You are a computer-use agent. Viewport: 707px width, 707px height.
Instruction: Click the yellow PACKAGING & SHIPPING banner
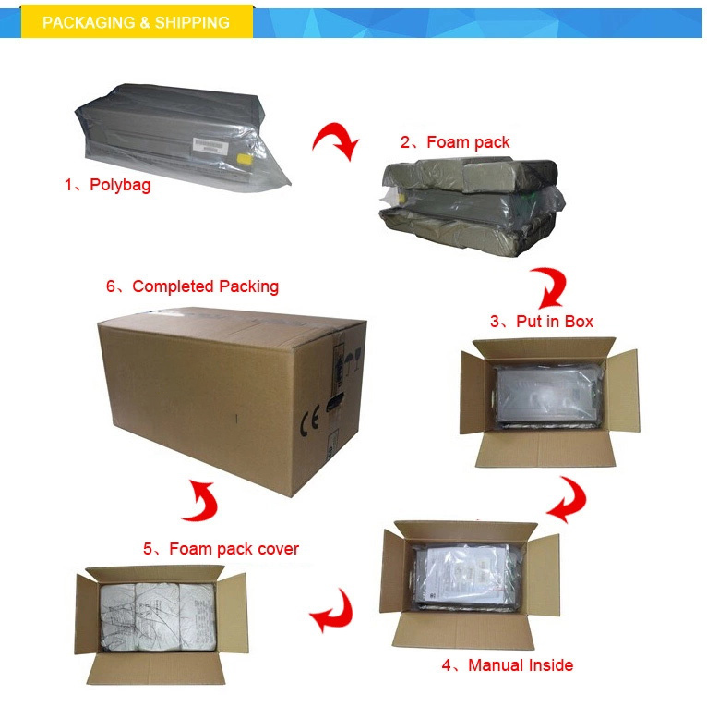(137, 21)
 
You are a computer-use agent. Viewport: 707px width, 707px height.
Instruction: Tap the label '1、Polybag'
(107, 185)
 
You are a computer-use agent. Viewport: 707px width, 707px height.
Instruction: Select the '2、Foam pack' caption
(455, 142)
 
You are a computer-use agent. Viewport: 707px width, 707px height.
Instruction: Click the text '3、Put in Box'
(542, 322)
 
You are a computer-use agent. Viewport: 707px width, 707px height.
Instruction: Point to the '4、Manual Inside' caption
(508, 665)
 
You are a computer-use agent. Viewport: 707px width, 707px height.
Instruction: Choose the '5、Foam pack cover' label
(221, 549)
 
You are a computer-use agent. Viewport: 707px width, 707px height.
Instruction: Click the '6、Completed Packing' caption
(193, 286)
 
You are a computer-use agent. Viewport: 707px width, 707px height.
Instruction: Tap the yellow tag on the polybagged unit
(245, 158)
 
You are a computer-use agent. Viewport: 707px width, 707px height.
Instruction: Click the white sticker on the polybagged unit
(210, 145)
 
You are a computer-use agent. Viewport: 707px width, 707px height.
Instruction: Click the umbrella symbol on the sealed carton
(350, 360)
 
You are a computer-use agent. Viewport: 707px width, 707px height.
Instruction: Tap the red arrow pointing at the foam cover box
(331, 610)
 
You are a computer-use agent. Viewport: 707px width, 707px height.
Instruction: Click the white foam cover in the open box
(158, 616)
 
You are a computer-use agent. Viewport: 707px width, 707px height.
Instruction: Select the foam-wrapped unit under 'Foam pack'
(472, 206)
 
